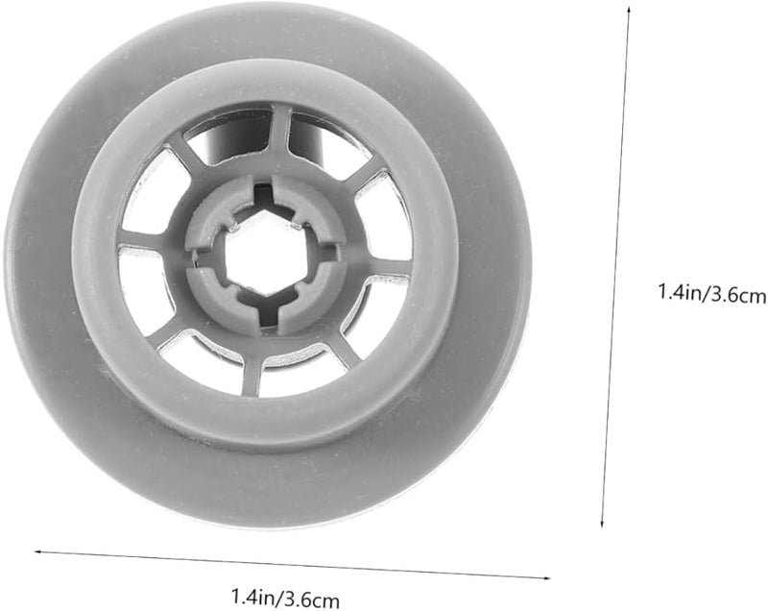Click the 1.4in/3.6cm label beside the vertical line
(x=711, y=294)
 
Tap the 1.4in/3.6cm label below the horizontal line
(x=284, y=599)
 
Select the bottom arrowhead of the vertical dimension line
(x=603, y=523)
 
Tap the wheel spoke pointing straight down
(x=252, y=374)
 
